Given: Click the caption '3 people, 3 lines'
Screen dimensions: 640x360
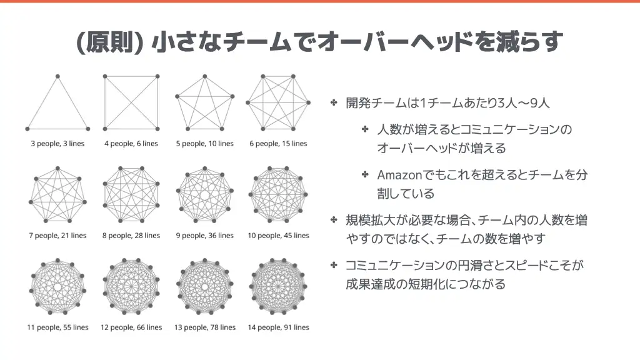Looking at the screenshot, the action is coord(57,144).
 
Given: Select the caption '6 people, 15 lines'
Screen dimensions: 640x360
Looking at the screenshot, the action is coord(278,144).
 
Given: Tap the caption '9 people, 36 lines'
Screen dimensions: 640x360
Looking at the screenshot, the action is coord(205,236).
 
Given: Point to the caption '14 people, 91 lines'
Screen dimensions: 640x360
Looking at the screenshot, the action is coord(278,327).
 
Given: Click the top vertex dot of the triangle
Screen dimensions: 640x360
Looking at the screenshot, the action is coord(58,76).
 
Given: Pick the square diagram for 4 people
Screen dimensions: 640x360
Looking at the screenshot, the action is coord(131,102).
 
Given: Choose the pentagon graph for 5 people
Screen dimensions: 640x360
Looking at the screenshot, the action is coord(205,102).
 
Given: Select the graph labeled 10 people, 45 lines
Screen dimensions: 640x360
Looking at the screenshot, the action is coord(278,195).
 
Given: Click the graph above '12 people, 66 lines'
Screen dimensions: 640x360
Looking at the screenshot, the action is coord(131,286).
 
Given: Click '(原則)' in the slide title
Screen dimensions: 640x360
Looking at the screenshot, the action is coord(109,42).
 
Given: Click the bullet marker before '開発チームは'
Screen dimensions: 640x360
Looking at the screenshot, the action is coord(334,102).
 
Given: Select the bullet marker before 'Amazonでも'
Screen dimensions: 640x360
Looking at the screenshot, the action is coord(365,175).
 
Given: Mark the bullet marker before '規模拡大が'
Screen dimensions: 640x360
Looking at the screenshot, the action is coord(334,220).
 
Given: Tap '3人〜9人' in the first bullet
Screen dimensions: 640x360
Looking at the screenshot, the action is coord(524,103).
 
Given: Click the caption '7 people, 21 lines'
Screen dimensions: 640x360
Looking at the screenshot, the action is coord(57,236).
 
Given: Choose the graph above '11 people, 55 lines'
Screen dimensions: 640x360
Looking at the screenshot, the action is coord(57,286).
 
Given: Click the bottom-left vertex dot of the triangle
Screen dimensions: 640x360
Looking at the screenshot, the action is coord(27,129).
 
